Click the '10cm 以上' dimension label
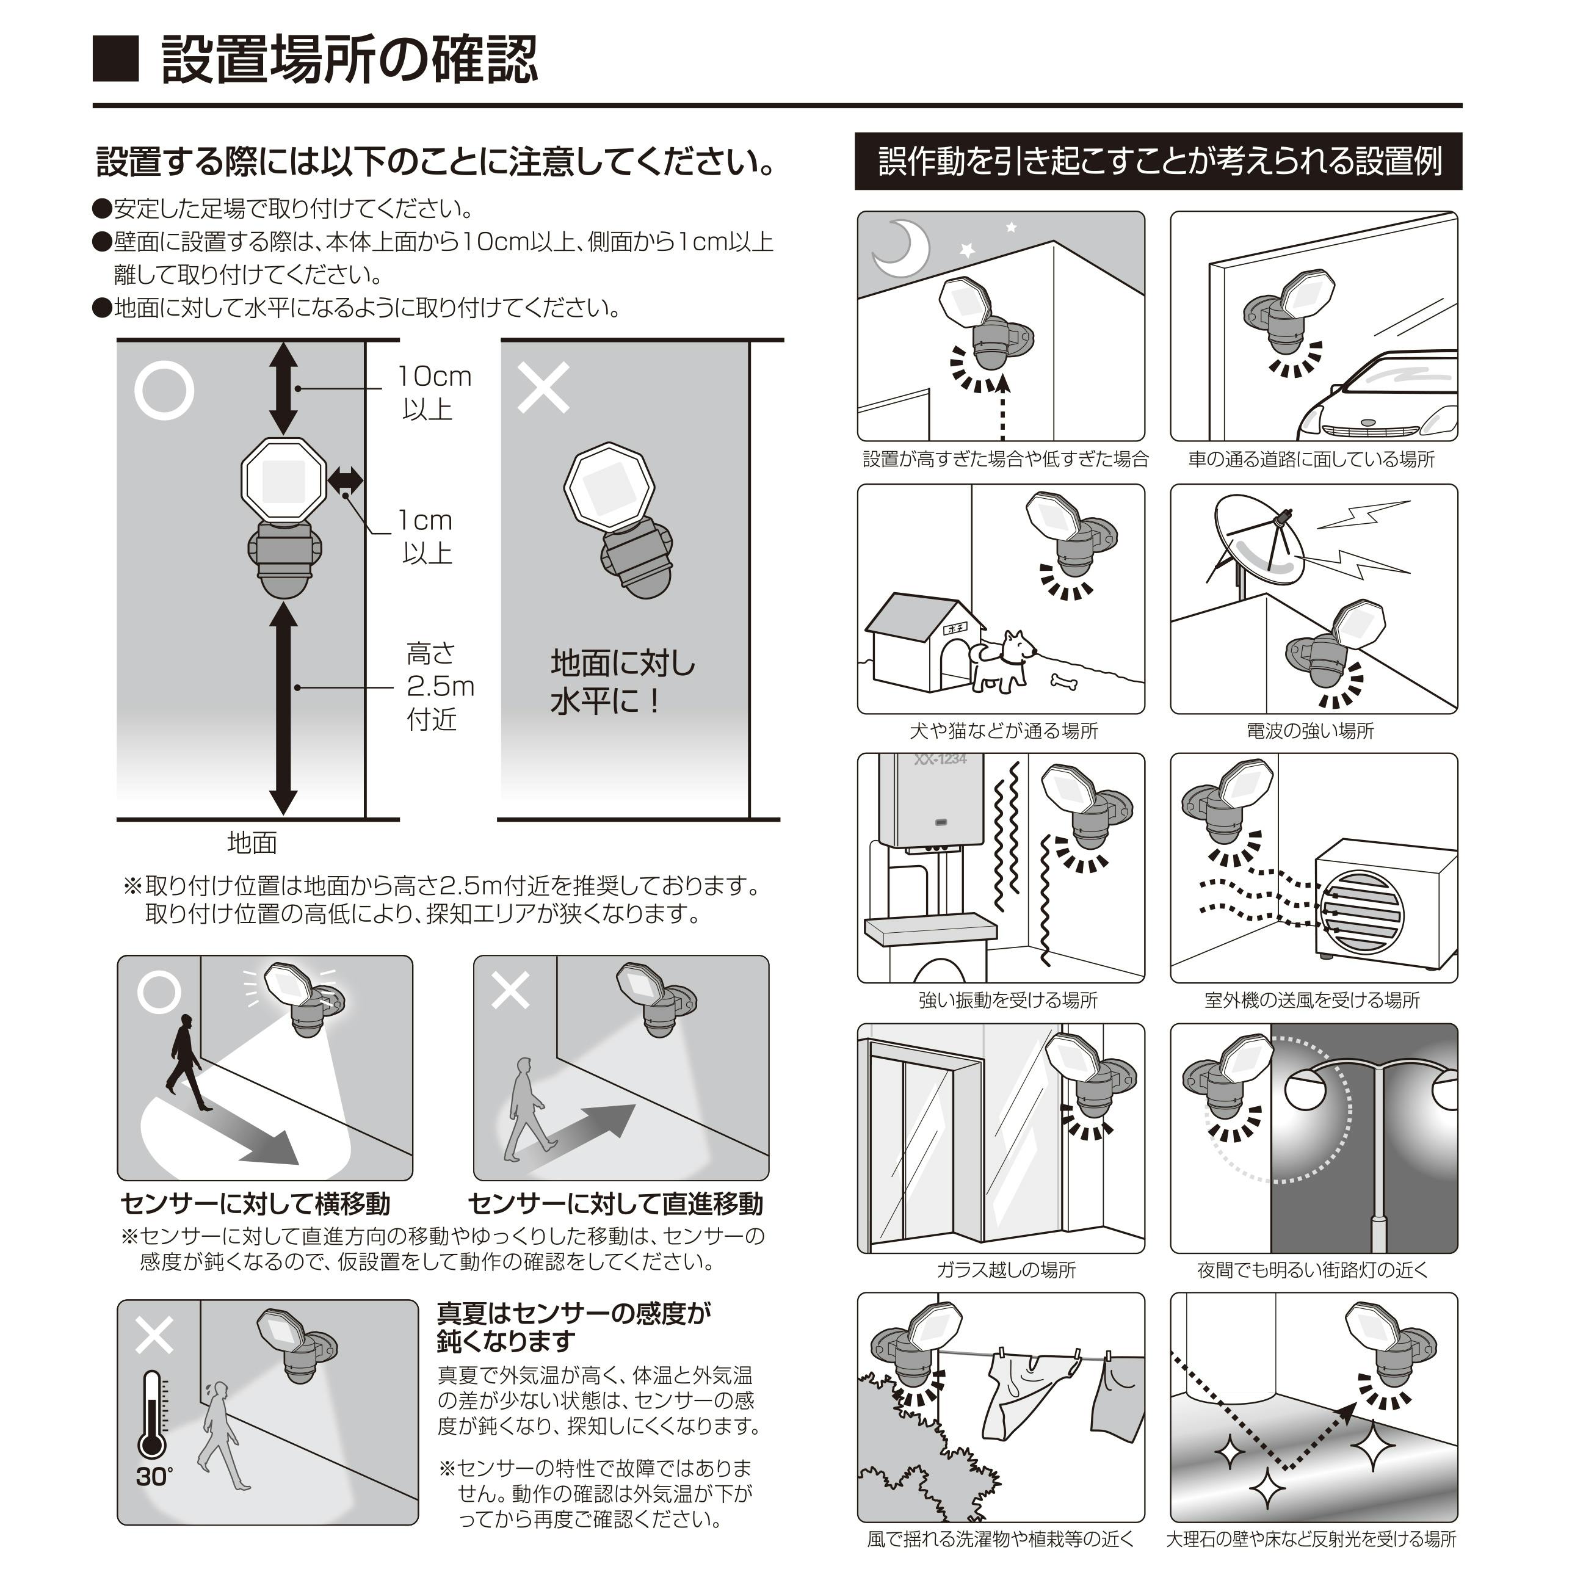pos(433,392)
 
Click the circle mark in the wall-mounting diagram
pos(164,391)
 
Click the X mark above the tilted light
pos(543,388)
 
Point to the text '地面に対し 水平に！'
pos(623,682)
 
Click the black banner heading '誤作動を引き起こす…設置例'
pos(1158,161)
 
